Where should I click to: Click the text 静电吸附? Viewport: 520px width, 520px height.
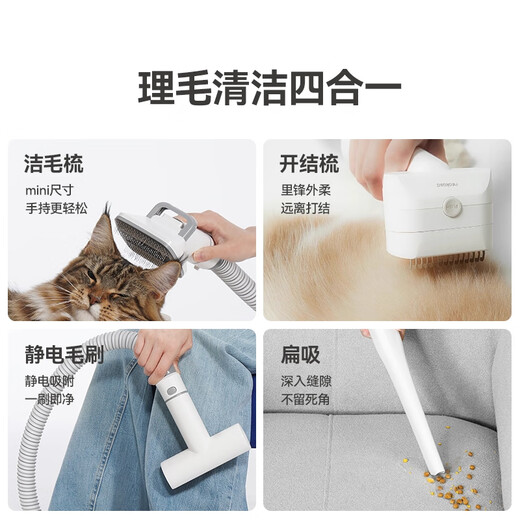[52, 381]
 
